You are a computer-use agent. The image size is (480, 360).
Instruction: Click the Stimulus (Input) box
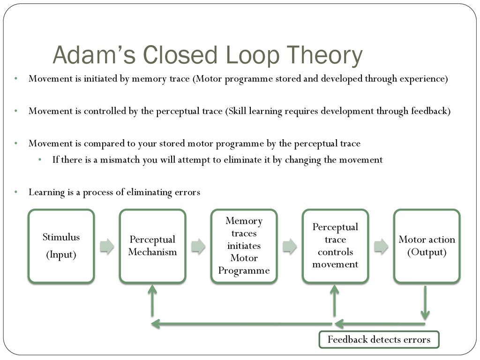[x=61, y=246]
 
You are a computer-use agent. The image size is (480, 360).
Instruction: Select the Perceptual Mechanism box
[x=153, y=246]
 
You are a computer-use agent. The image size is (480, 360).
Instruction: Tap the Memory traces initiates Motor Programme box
[x=244, y=246]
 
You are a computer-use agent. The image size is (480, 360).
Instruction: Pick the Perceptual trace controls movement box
[x=335, y=246]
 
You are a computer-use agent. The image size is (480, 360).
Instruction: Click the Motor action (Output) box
[x=427, y=246]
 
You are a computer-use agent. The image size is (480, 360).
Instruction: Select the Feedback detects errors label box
[x=379, y=340]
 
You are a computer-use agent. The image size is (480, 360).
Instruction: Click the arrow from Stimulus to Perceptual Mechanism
[x=107, y=247]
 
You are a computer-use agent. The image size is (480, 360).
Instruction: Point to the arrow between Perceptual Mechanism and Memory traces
[x=198, y=247]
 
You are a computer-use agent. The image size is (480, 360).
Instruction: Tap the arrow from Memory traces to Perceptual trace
[x=290, y=247]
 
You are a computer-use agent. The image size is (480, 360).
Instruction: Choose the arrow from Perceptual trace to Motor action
[x=381, y=247]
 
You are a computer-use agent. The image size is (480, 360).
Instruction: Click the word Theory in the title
[x=323, y=55]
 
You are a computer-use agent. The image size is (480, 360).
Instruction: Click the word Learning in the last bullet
[x=46, y=192]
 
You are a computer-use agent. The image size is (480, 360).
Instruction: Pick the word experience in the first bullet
[x=421, y=79]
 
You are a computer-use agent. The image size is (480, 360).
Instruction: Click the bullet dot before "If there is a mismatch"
[x=41, y=160]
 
